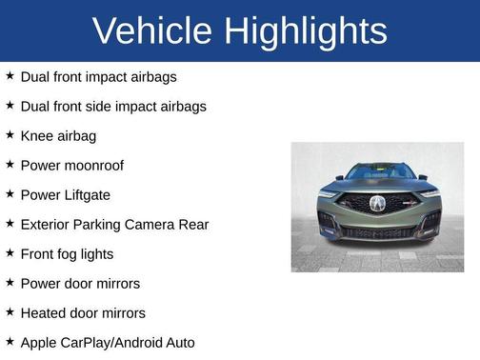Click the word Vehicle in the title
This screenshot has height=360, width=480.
pyautogui.click(x=153, y=31)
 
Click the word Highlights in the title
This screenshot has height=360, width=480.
pyautogui.click(x=306, y=31)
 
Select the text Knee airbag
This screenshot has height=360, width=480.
pyautogui.click(x=58, y=135)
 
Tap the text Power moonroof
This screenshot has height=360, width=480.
pyautogui.click(x=71, y=165)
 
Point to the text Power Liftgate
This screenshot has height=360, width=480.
pyautogui.click(x=65, y=194)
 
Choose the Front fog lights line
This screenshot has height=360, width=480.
pyautogui.click(x=67, y=253)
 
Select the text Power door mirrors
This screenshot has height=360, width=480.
pyautogui.click(x=80, y=283)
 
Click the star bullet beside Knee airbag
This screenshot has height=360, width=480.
pyautogui.click(x=10, y=134)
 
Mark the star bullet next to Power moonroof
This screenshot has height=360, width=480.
pyautogui.click(x=10, y=164)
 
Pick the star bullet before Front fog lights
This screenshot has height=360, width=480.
pyautogui.click(x=10, y=252)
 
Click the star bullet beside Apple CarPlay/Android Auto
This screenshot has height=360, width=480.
pyautogui.click(x=10, y=341)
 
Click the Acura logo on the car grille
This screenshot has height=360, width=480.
pyautogui.click(x=377, y=203)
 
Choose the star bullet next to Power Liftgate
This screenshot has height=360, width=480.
pyautogui.click(x=10, y=193)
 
